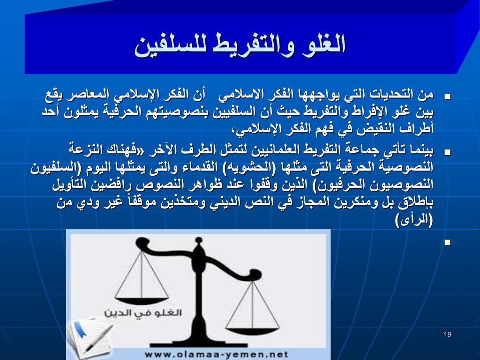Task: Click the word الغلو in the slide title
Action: tap(323, 45)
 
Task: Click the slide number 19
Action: tap(447, 334)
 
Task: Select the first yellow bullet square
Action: tap(448, 97)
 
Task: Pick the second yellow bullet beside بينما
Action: tap(448, 152)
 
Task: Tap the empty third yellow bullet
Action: tap(448, 242)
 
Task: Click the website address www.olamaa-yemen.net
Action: tap(216, 354)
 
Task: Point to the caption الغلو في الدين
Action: tap(143, 313)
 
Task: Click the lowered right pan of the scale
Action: tap(252, 331)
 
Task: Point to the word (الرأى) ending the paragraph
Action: tap(414, 220)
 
